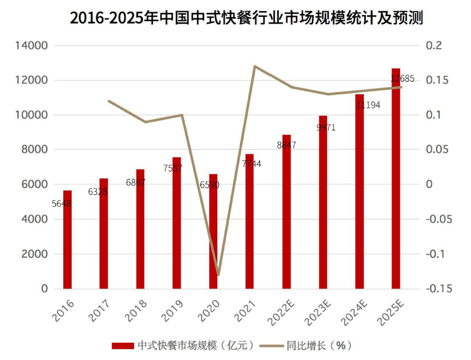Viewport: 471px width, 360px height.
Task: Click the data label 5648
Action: (x=62, y=204)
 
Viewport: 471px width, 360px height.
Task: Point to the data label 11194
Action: (x=368, y=105)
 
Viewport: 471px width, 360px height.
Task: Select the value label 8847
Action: (x=286, y=145)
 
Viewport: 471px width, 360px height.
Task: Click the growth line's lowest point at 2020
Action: (x=218, y=275)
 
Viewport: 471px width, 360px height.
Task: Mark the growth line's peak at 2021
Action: (x=254, y=66)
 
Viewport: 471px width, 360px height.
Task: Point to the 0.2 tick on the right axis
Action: (x=434, y=46)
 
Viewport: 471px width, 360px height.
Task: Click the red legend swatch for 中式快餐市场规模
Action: (x=123, y=345)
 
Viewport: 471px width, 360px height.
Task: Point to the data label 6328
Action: (x=98, y=192)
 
